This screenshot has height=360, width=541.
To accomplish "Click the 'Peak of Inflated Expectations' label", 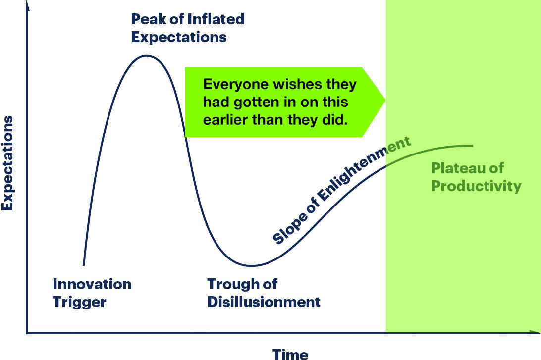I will pos(187,28).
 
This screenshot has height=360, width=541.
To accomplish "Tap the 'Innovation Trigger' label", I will pos(92,293).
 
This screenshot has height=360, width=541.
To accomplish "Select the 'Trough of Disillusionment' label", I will pos(264,293).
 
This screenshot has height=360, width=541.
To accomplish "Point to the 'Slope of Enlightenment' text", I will pos(342,190).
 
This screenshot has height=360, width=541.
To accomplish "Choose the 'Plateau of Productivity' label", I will pos(476,177).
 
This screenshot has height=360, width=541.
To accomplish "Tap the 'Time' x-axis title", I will pos(290,354).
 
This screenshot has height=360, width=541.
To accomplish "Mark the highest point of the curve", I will pos(146,55).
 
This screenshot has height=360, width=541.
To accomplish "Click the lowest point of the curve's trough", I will pos(251,266).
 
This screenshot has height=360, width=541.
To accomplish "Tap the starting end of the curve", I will pos(83,265).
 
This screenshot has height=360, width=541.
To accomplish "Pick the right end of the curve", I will pos(473,145).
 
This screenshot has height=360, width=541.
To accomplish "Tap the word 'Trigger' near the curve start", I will pos(79,302).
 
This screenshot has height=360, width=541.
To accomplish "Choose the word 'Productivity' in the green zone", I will pos(476,186).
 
